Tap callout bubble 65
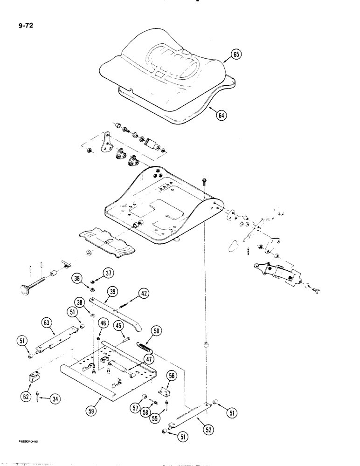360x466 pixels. (x=235, y=55)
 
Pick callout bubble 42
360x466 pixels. (x=144, y=294)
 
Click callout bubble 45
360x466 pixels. (x=119, y=325)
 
